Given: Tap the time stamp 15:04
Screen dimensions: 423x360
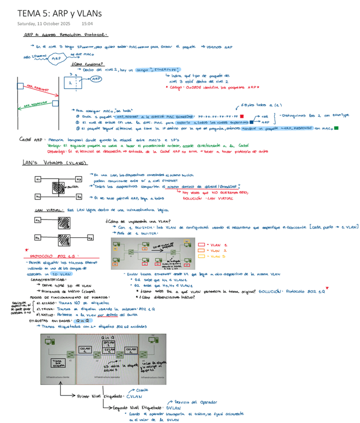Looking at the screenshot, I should (x=87, y=23).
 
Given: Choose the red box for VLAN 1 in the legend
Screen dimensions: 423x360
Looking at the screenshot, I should (x=202, y=245).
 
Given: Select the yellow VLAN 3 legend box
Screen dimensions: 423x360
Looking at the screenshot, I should (x=202, y=256).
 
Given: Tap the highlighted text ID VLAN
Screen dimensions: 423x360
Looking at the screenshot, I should (x=62, y=274).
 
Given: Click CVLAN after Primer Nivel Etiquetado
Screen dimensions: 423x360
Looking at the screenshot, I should (x=134, y=397).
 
